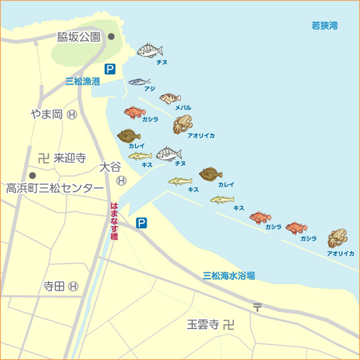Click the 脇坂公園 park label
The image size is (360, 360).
pyautogui.click(x=79, y=37)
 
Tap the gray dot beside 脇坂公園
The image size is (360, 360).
pyautogui.click(x=111, y=37)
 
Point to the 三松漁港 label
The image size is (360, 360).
pyautogui.click(x=82, y=81)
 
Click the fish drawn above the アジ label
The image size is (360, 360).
pyautogui.click(x=139, y=81)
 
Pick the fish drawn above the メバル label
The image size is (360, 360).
pyautogui.click(x=170, y=99)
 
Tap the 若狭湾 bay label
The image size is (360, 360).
pyautogui.click(x=325, y=25)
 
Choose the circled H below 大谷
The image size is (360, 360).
pyautogui.click(x=121, y=180)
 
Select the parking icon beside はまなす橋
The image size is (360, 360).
pyautogui.click(x=141, y=223)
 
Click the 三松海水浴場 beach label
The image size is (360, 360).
pyautogui.click(x=229, y=275)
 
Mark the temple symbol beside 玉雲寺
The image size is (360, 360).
pyautogui.click(x=229, y=325)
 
